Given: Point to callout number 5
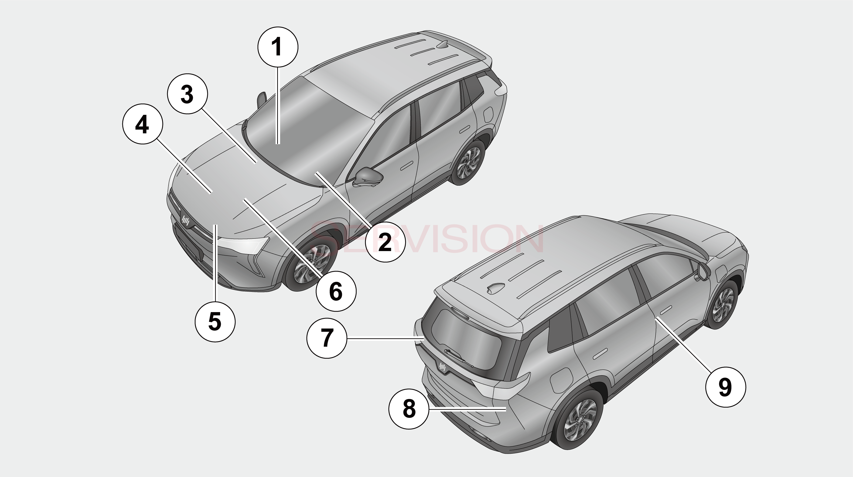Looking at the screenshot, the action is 215,321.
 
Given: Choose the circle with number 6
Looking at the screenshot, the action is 336,292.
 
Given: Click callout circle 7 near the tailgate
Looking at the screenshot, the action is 327,338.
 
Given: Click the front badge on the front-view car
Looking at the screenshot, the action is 185,221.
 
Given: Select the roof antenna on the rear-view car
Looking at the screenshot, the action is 495,288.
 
